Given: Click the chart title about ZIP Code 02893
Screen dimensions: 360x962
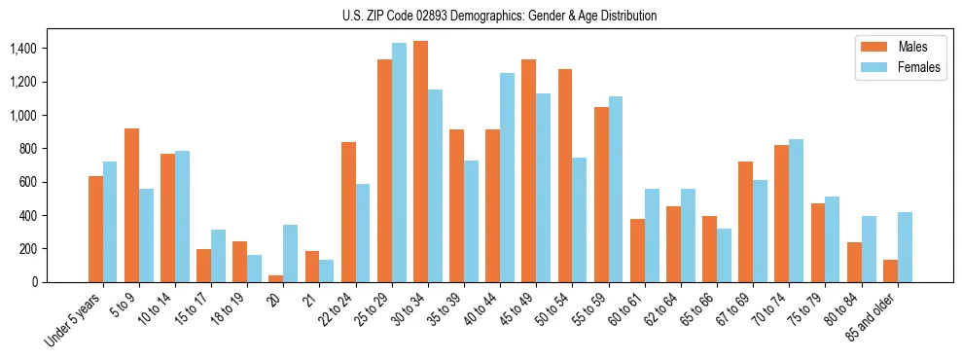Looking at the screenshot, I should (x=499, y=16).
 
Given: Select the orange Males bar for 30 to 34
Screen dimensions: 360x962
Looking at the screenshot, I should (x=420, y=162).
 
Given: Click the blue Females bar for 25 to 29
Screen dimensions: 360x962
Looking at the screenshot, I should (x=399, y=162).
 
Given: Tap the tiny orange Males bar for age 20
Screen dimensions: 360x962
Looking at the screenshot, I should (x=276, y=278).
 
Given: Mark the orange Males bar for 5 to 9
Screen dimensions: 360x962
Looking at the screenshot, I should (x=132, y=205).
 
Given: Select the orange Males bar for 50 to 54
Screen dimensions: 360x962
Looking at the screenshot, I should (x=564, y=175).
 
